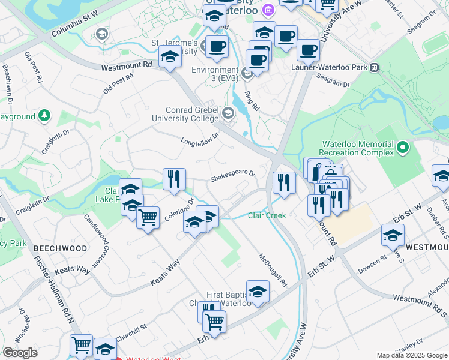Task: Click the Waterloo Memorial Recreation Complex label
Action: click(358, 149)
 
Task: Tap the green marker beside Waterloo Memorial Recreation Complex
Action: click(403, 146)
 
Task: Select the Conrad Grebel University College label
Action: click(193, 114)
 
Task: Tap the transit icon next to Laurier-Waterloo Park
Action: click(375, 67)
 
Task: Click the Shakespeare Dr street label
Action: click(233, 176)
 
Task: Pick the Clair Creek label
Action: click(267, 215)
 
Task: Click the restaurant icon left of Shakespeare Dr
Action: click(174, 179)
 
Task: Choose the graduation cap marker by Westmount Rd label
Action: click(170, 58)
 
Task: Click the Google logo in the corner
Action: click(20, 353)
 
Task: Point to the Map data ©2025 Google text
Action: click(411, 355)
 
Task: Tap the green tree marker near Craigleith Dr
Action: click(44, 116)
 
